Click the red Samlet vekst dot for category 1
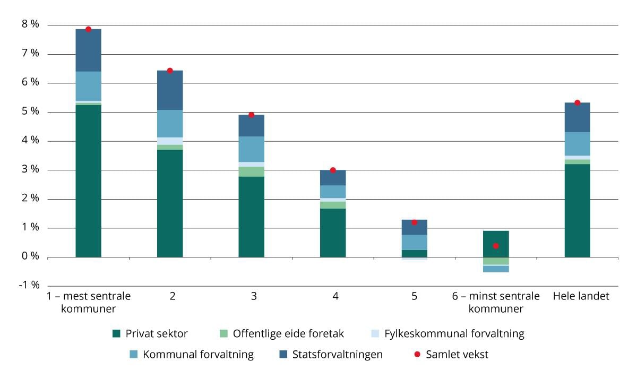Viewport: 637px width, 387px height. (89, 29)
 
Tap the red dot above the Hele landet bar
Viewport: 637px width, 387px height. (578, 102)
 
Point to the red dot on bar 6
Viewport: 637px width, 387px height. (496, 246)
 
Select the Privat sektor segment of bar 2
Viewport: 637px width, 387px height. (170, 203)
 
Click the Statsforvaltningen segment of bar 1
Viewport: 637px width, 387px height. (89, 50)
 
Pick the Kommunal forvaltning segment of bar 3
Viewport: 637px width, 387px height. (252, 149)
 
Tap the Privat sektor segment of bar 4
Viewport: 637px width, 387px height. (333, 233)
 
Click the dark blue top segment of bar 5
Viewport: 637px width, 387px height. (415, 227)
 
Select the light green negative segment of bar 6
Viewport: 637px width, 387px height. (496, 261)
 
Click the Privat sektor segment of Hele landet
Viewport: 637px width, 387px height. (578, 211)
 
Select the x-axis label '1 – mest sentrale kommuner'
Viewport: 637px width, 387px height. (88, 302)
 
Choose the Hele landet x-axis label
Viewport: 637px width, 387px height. (581, 296)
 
